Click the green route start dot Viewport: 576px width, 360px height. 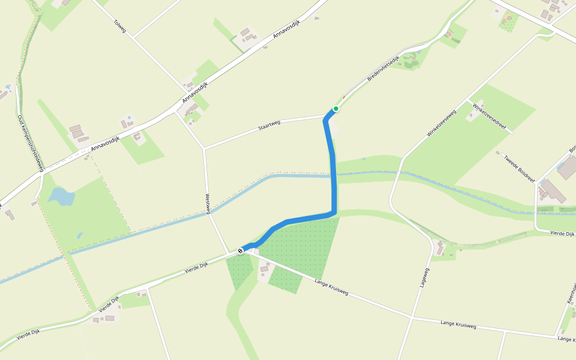336,109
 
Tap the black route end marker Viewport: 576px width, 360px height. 240,250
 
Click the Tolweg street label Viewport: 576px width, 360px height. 120,25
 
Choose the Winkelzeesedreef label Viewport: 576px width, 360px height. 490,118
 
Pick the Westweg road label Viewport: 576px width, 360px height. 208,203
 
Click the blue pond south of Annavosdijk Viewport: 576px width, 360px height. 61,196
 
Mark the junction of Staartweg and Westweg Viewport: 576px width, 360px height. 204,148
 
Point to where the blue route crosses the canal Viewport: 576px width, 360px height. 333,176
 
